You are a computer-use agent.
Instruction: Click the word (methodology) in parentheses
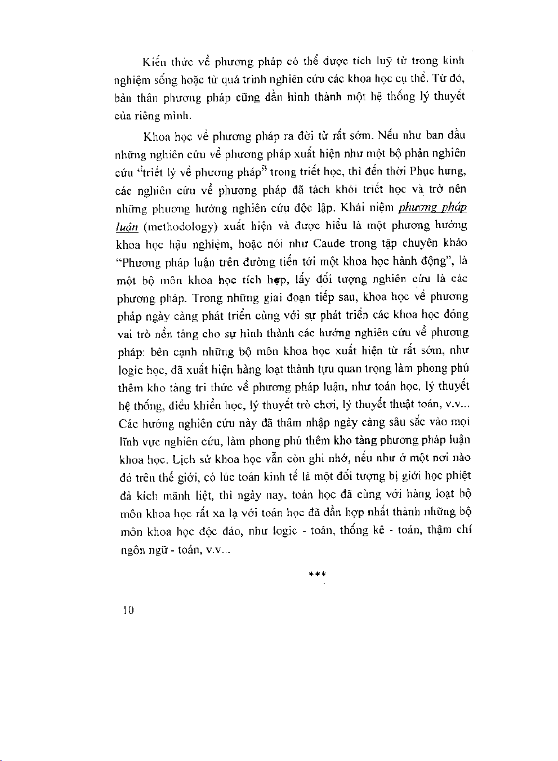click(x=180, y=226)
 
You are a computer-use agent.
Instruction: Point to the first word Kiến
click(x=153, y=61)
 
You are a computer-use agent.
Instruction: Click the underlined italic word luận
click(x=127, y=226)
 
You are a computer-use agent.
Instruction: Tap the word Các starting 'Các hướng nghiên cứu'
click(x=130, y=423)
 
